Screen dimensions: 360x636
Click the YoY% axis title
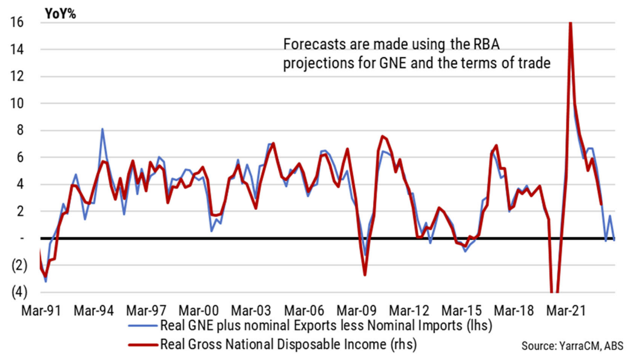click(59, 13)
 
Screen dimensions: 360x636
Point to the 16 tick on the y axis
click(16, 22)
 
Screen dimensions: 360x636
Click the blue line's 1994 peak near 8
click(102, 129)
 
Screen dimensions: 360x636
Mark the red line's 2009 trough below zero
click(365, 275)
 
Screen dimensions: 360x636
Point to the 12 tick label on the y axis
click(16, 76)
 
